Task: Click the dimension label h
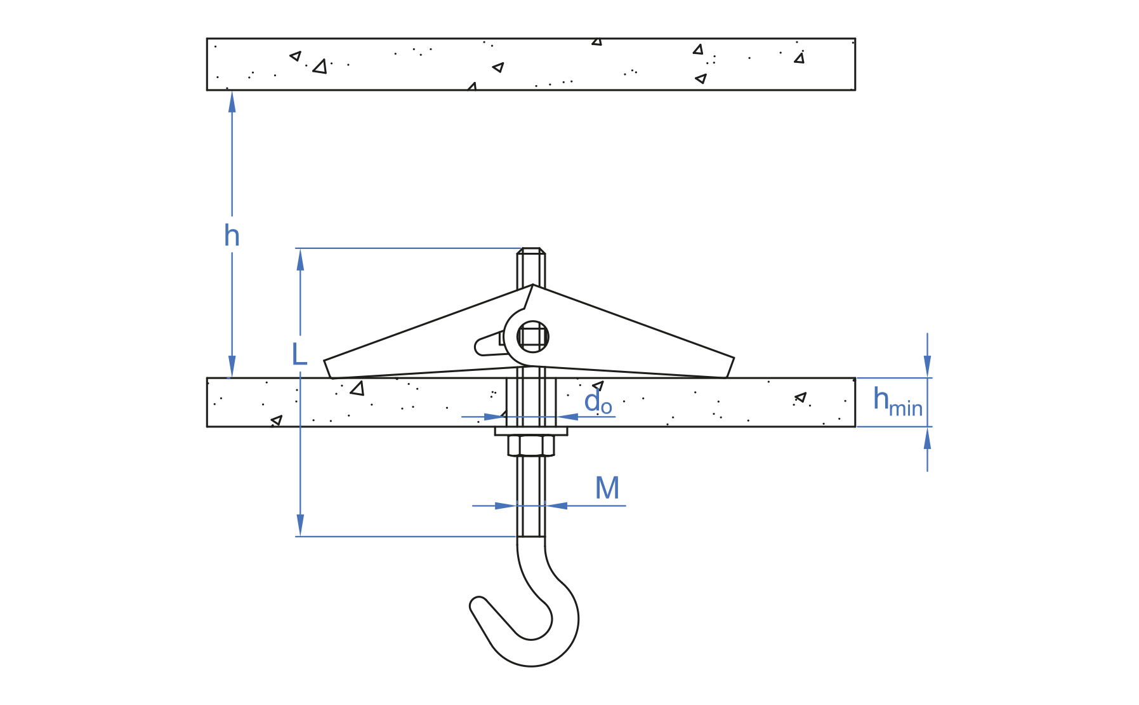point(232,236)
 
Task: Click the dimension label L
point(299,354)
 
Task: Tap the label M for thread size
point(607,488)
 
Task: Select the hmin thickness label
point(897,402)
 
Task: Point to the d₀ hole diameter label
point(597,403)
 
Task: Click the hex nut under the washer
point(531,445)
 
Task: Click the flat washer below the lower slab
point(531,431)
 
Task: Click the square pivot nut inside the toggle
point(532,337)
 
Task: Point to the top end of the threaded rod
point(531,252)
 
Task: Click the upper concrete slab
point(530,64)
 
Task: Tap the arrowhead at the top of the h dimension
point(232,100)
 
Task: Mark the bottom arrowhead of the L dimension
point(300,526)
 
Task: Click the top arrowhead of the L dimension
point(300,258)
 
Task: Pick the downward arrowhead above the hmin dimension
point(927,366)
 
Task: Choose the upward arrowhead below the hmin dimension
point(927,438)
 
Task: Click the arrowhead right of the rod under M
point(556,506)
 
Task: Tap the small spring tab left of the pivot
point(489,345)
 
